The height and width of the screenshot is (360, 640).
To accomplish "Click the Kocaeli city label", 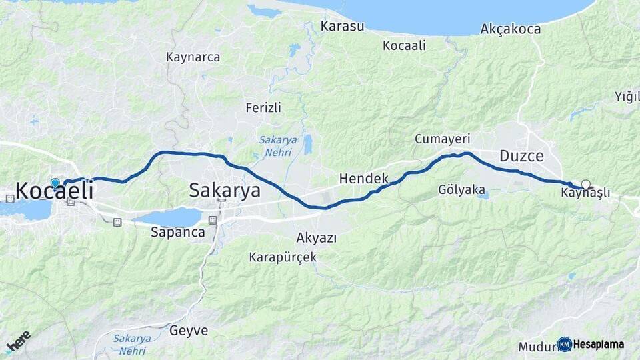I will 54,191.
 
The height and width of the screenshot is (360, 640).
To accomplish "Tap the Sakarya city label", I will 224,191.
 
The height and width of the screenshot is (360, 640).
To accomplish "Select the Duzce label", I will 521,157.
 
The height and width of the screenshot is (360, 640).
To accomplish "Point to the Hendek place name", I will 363,179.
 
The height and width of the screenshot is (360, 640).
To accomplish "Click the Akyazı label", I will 316,238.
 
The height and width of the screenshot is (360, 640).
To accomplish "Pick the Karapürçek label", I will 283,257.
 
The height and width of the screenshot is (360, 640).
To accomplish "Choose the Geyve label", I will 189,331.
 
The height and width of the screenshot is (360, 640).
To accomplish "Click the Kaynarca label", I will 193,57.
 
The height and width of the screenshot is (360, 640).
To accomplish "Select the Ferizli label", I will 263,107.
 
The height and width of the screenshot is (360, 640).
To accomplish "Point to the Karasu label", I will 342,27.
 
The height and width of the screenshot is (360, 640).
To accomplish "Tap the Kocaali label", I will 404,45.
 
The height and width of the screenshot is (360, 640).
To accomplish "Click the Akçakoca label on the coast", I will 509,29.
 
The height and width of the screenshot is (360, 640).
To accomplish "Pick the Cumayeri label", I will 442,139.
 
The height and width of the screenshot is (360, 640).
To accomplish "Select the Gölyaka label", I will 461,190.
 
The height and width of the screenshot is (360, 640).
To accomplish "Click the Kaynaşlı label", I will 585,194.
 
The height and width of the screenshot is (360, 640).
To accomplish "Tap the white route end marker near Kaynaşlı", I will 585,184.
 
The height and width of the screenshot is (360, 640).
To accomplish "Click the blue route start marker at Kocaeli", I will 55,182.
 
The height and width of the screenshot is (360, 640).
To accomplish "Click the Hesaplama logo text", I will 598,345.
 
